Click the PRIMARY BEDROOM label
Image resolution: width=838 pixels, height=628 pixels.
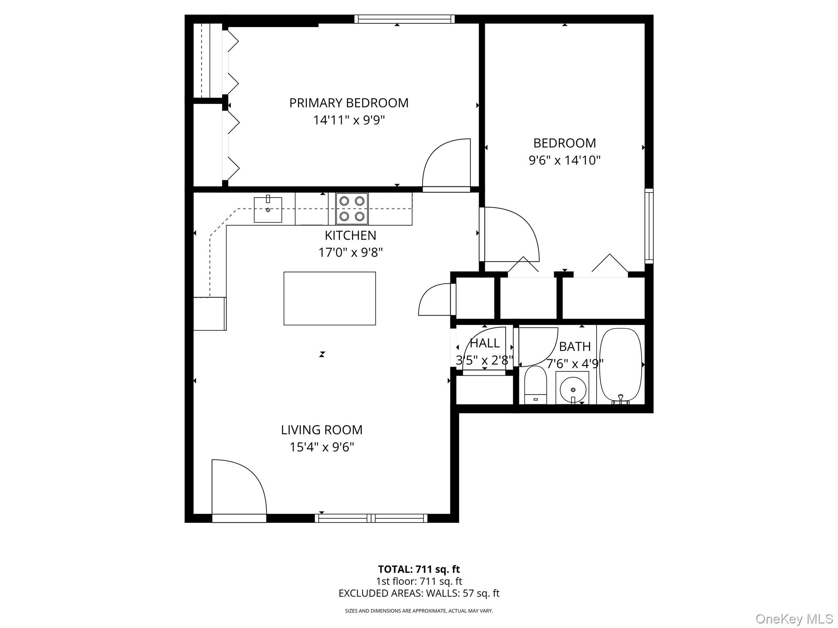[349, 103]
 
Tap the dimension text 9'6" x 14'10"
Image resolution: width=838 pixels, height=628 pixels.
[564, 160]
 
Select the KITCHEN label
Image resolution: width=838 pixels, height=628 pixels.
[350, 235]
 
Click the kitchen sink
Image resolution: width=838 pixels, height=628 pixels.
[268, 210]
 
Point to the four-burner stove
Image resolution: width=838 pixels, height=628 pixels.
[352, 209]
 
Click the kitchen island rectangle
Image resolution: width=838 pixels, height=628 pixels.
[329, 298]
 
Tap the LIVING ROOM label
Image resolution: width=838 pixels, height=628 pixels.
[322, 430]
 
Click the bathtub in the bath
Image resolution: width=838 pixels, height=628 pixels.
[620, 365]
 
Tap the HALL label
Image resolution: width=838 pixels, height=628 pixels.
[485, 343]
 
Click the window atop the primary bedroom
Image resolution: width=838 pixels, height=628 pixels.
[404, 19]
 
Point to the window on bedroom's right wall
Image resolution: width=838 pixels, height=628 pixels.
[649, 226]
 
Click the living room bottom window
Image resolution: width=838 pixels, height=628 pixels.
[371, 518]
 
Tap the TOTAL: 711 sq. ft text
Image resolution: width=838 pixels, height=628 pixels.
[419, 569]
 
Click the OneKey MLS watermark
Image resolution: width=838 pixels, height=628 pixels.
[794, 619]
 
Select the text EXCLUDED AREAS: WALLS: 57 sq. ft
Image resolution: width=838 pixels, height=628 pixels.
[419, 593]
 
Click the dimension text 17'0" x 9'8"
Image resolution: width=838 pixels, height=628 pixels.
[350, 253]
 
